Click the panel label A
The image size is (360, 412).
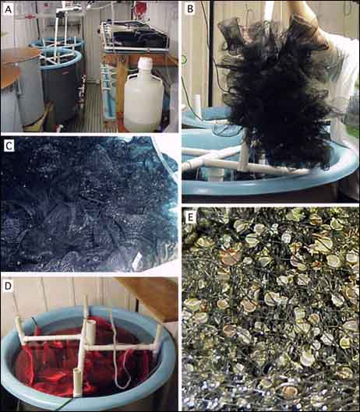tap(9, 9)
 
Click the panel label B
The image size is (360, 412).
tap(190, 9)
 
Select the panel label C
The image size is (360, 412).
tap(9, 146)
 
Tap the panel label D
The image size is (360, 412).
tap(8, 286)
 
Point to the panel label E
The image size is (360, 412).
tap(190, 217)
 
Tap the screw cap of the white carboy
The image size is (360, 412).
tap(145, 63)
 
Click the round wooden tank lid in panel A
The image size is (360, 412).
tap(19, 56)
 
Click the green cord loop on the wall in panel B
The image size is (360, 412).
tap(184, 60)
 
